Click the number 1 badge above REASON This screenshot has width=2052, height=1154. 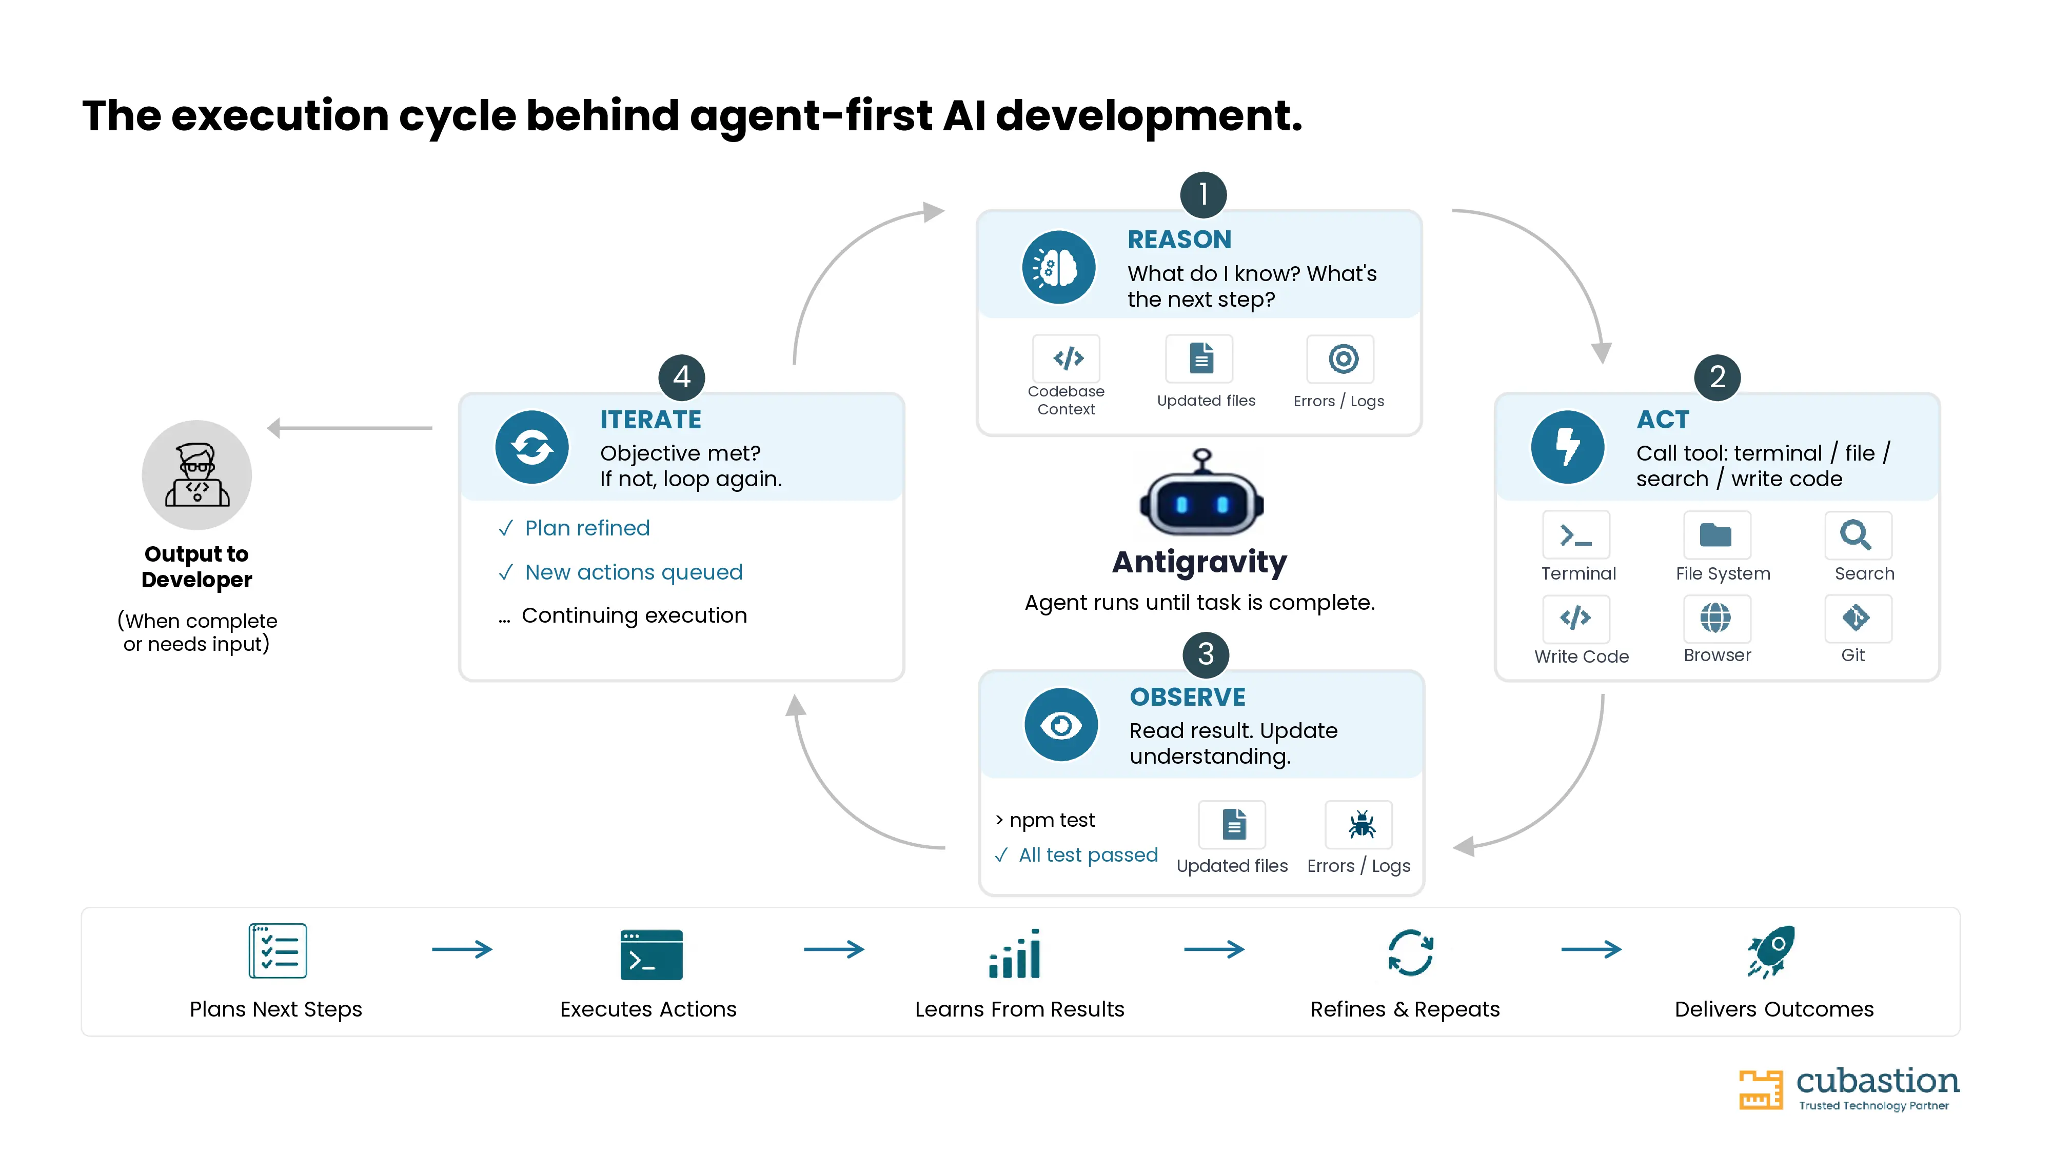point(1203,194)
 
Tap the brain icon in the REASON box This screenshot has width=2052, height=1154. point(1059,268)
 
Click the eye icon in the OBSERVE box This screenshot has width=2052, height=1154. point(1061,725)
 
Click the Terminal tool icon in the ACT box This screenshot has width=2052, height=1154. point(1575,535)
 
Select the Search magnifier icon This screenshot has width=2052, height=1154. point(1858,535)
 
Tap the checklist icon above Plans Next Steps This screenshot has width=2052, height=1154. point(277,951)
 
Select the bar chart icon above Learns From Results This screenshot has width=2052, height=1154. point(1014,953)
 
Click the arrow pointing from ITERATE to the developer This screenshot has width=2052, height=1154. point(350,428)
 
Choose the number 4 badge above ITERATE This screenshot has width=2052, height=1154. point(682,376)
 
